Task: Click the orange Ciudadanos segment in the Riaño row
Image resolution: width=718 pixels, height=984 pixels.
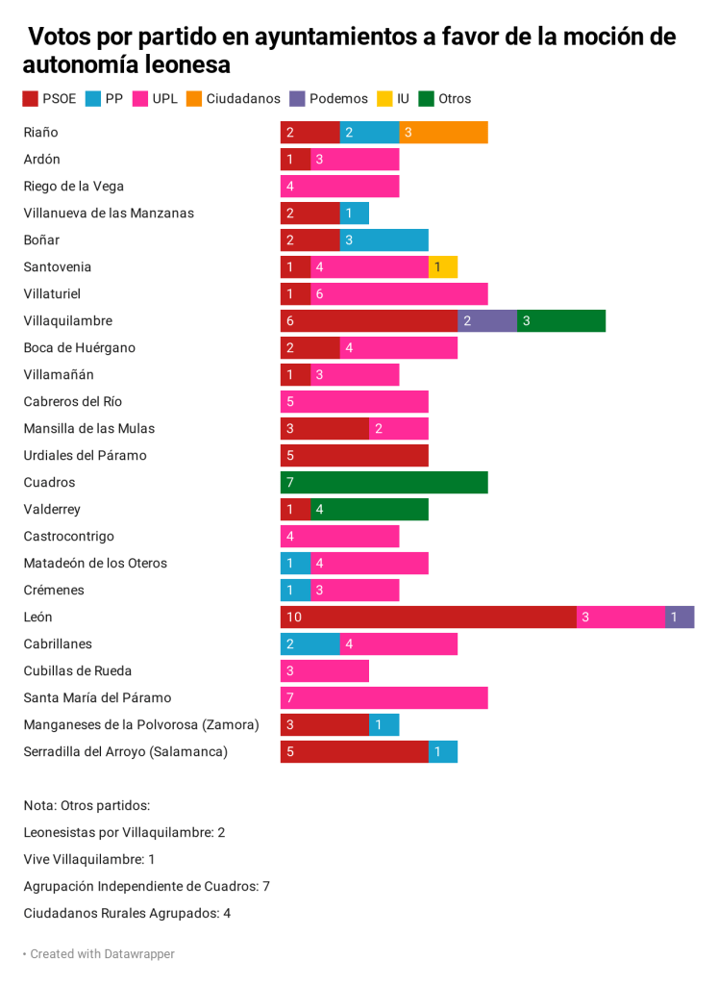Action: (x=443, y=133)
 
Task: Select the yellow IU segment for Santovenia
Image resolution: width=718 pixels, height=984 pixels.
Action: (x=443, y=267)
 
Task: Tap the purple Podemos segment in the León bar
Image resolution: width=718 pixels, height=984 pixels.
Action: (x=680, y=618)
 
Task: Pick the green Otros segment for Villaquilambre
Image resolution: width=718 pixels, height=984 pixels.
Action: (x=561, y=321)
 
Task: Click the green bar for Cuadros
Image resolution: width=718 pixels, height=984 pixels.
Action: (x=384, y=483)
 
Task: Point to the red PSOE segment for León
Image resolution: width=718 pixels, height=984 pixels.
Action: (x=429, y=618)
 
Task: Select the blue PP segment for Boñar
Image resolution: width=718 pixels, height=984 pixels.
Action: (x=384, y=240)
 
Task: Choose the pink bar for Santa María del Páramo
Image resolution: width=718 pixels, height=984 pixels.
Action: (x=384, y=698)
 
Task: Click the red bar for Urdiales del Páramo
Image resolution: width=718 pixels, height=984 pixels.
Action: (x=355, y=456)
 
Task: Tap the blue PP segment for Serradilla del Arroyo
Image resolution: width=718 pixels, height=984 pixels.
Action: (x=443, y=752)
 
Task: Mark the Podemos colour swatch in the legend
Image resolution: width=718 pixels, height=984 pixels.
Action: (x=298, y=98)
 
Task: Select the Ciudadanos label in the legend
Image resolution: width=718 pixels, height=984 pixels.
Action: (x=243, y=98)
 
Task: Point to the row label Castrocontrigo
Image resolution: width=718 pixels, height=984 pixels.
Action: (x=68, y=537)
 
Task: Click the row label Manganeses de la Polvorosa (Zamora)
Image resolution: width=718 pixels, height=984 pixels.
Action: (x=141, y=725)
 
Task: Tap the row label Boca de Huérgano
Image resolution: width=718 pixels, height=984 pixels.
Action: (x=80, y=348)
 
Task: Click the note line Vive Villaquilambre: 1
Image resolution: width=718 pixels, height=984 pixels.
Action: (x=89, y=860)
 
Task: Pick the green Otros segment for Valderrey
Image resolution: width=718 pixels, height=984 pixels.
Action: (x=369, y=510)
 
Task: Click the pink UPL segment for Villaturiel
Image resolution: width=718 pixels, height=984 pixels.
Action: (x=399, y=294)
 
